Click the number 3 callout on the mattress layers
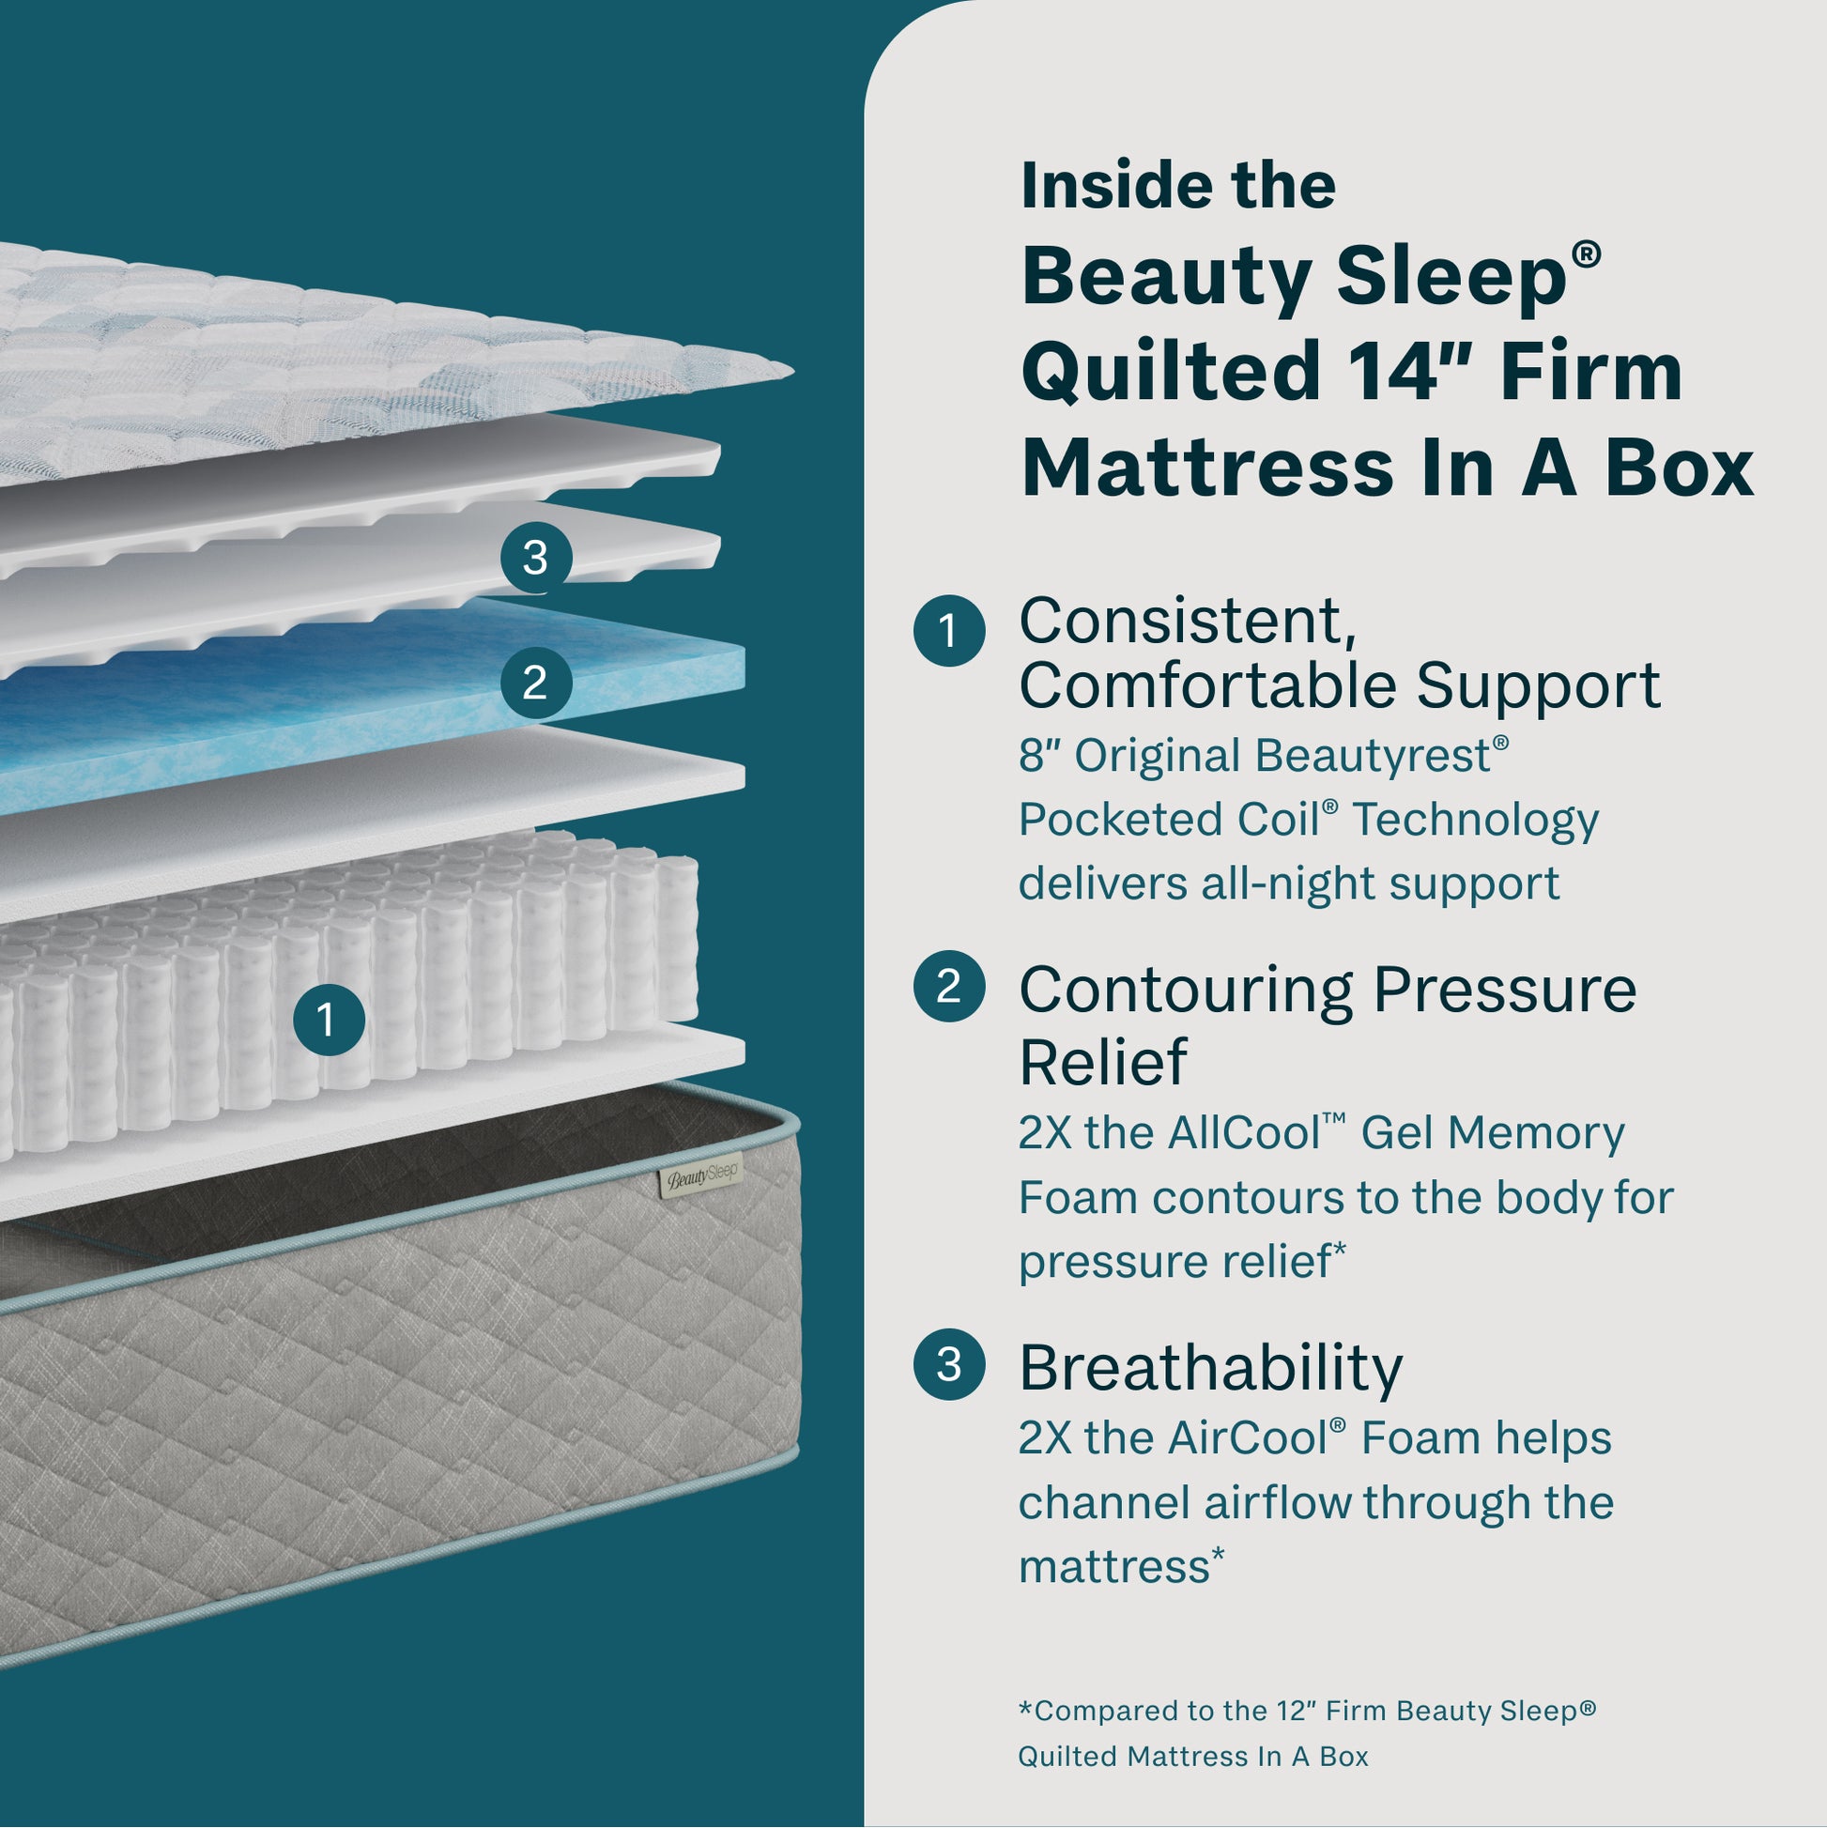[535, 558]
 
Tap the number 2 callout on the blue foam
[535, 683]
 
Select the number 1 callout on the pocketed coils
[329, 1020]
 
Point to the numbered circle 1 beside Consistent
[949, 630]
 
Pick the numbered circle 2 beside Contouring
[949, 986]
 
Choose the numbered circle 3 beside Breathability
[949, 1364]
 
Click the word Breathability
[1210, 1368]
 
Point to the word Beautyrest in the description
[1373, 756]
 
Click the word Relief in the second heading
[1102, 1062]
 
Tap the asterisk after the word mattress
[1218, 1555]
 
